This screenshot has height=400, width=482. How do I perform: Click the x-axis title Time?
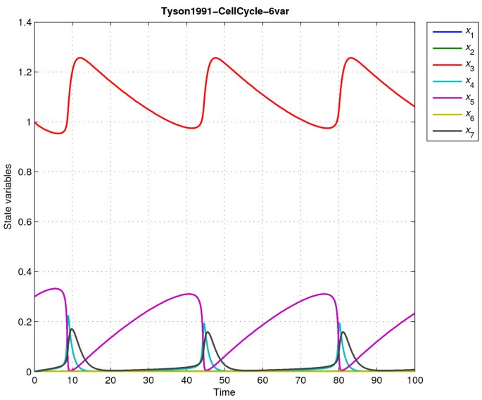click(x=224, y=392)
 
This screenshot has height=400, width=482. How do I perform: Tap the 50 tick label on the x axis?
click(x=224, y=380)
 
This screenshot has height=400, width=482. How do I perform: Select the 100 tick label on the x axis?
click(x=414, y=380)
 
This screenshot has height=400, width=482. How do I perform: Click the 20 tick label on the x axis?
click(x=110, y=380)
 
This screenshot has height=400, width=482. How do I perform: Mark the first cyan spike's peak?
click(x=68, y=316)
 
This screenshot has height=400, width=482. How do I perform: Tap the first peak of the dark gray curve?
click(x=72, y=329)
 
